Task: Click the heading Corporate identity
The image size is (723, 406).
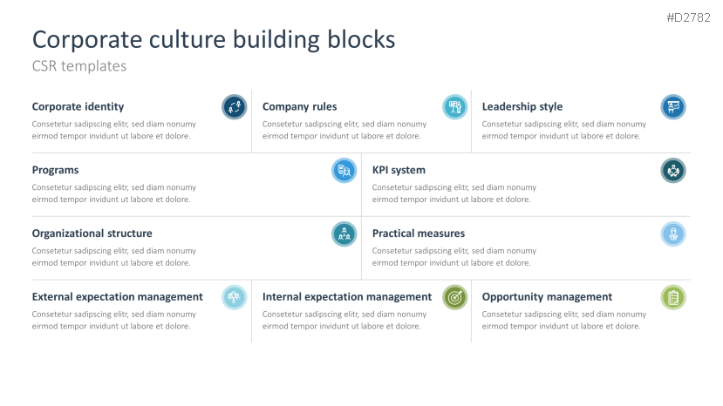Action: point(78,106)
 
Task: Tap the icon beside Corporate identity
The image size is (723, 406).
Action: point(234,107)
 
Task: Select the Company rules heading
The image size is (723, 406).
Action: point(299,106)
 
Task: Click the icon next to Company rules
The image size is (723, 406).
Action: point(454,107)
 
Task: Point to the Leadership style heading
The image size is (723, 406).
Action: point(522,106)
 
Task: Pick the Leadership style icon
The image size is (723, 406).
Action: point(672,107)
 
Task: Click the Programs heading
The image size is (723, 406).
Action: point(55,170)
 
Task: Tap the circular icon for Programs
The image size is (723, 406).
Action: point(344,171)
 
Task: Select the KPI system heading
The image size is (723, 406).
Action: point(399,170)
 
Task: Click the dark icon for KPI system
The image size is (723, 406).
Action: point(672,171)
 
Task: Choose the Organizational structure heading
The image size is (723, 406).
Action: point(92,233)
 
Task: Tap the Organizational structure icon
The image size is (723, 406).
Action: point(344,233)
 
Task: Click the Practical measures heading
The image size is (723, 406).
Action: point(418,233)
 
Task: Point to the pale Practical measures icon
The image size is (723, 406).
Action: point(672,233)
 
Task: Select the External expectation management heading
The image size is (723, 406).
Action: point(117,297)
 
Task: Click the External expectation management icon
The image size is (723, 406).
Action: point(234,297)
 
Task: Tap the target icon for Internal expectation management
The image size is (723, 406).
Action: point(454,297)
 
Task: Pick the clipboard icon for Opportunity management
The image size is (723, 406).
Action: point(672,297)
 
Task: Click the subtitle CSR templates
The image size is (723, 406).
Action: point(79,65)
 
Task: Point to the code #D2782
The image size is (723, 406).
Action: point(689,17)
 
